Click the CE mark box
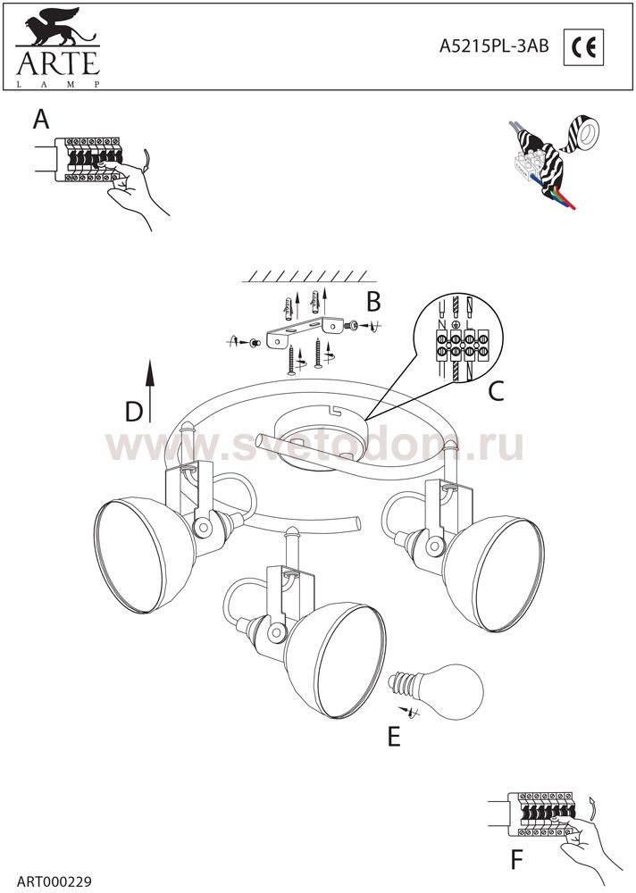point(583,46)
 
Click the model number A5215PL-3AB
point(494,46)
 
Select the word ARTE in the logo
point(58,63)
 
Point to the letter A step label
point(41,120)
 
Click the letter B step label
point(373,302)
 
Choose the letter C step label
point(497,391)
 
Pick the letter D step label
point(134,412)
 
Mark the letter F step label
point(516,861)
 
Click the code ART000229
point(54,881)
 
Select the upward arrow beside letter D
point(150,391)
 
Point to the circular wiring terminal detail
point(460,338)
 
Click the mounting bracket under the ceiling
point(305,331)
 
